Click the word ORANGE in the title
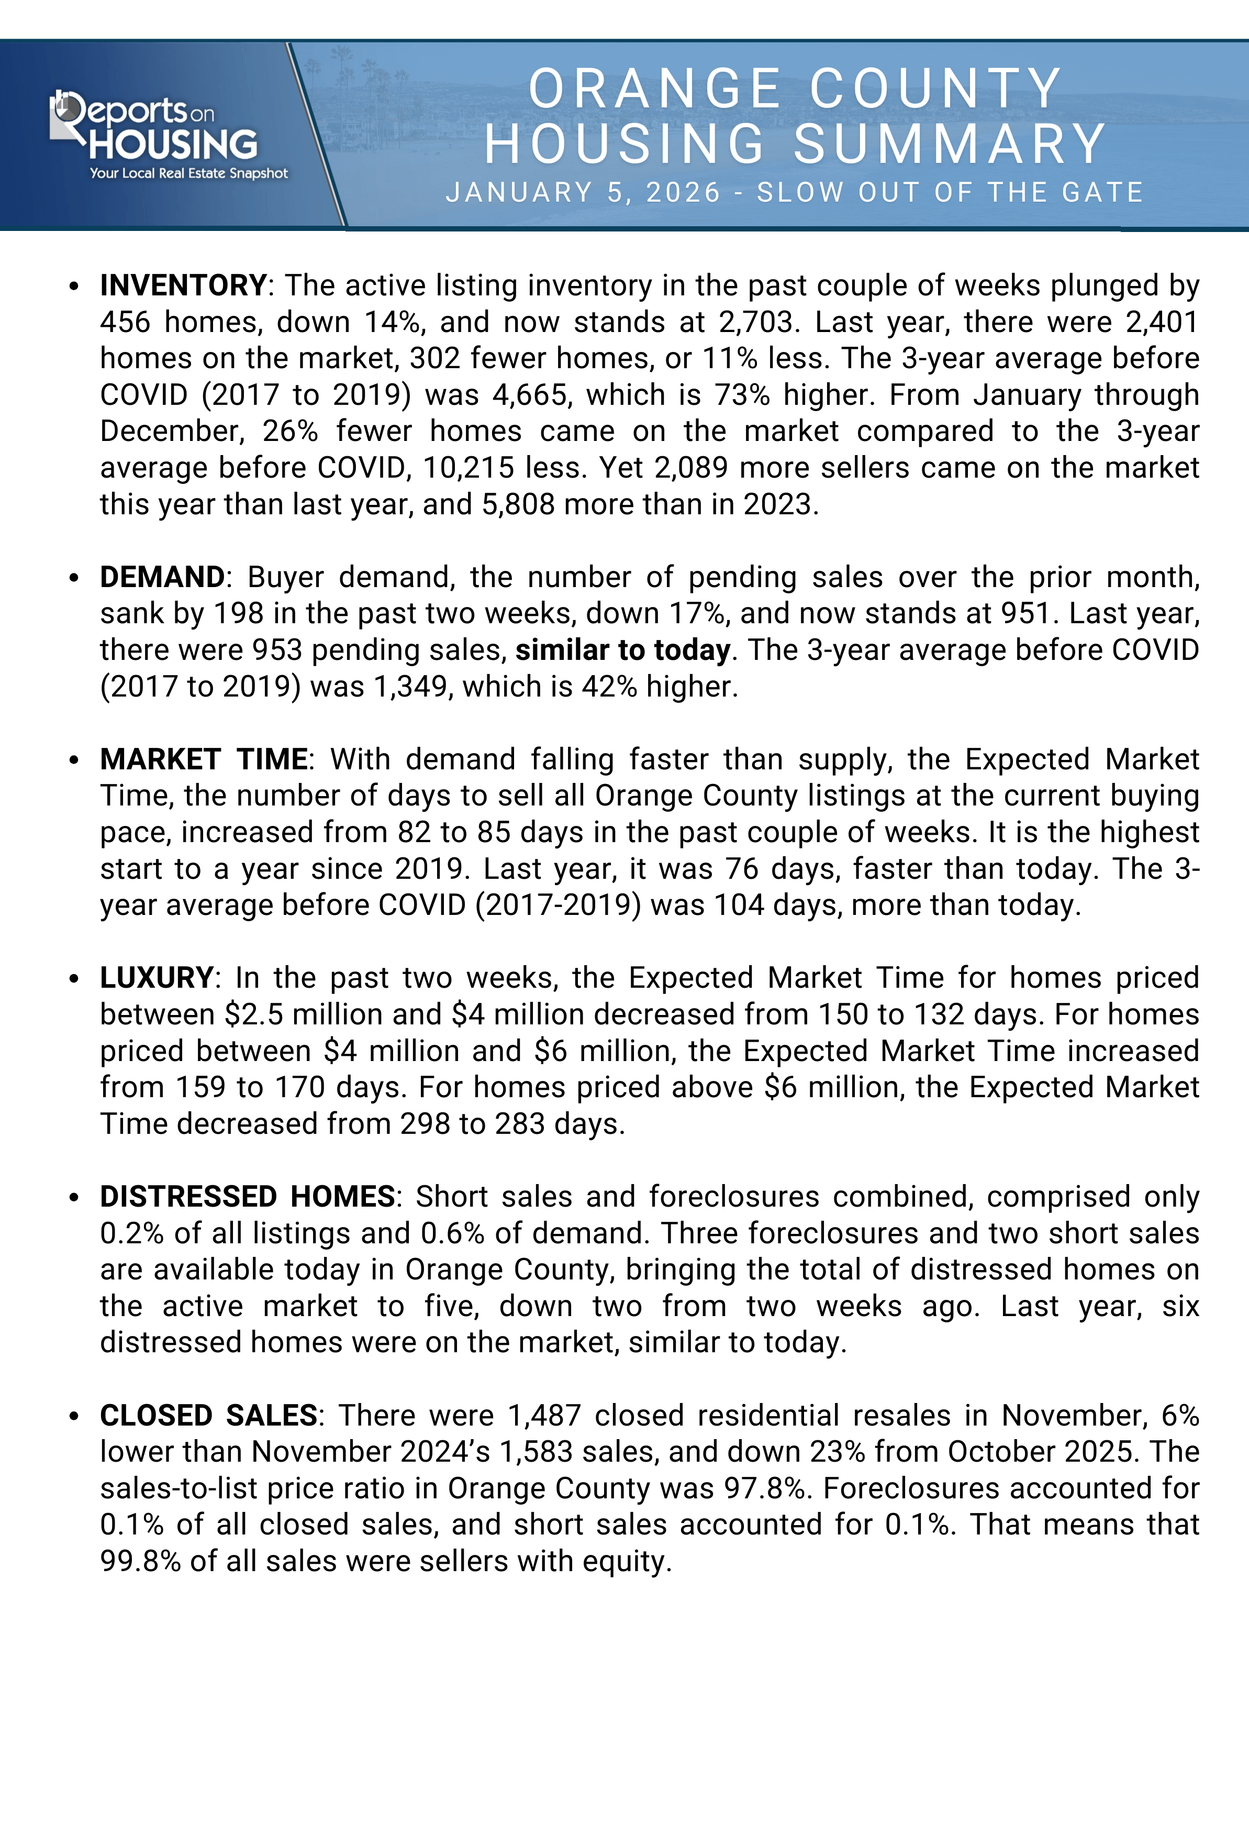pyautogui.click(x=654, y=89)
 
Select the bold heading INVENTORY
pyautogui.click(x=183, y=285)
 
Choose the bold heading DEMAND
pyautogui.click(x=162, y=577)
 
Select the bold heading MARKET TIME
pyautogui.click(x=204, y=759)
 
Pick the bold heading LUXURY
pyautogui.click(x=156, y=978)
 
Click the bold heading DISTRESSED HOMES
pyautogui.click(x=247, y=1197)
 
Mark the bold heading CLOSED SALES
pyautogui.click(x=208, y=1416)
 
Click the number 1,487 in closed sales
pyautogui.click(x=544, y=1416)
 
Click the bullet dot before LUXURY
pyautogui.click(x=74, y=979)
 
